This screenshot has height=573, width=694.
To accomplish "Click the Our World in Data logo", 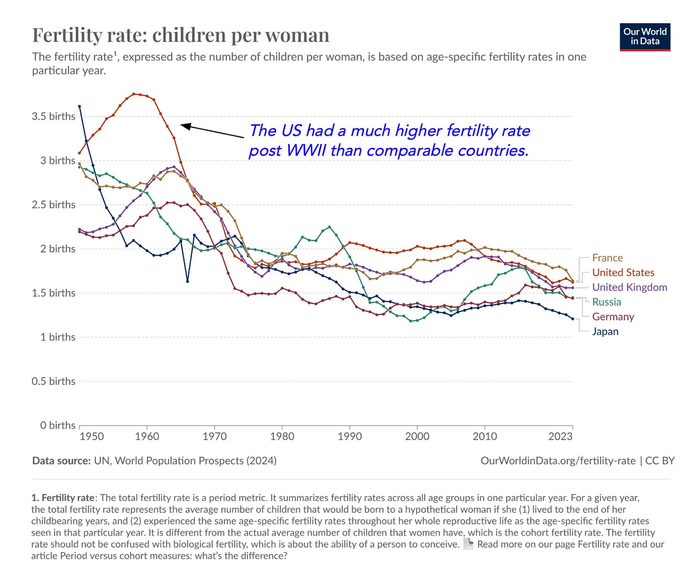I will [645, 37].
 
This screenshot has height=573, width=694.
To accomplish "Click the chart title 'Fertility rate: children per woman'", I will [181, 35].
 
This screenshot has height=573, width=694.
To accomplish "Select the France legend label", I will [607, 258].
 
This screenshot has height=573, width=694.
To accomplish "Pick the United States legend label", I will [623, 273].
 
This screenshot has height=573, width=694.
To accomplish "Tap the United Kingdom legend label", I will [629, 287].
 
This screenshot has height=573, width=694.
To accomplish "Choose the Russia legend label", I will [606, 302].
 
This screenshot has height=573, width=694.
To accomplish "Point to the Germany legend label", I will [613, 317].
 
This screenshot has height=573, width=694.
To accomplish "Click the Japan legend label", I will [605, 332].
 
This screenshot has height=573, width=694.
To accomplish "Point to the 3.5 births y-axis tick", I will [53, 116].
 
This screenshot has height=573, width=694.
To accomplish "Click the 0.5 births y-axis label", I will [53, 381].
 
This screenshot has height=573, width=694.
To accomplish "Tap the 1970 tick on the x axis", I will [214, 436].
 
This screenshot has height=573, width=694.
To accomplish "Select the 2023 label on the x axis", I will [561, 436].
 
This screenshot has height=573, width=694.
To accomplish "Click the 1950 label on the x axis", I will [92, 436].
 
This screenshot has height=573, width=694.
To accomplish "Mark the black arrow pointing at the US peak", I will [213, 131].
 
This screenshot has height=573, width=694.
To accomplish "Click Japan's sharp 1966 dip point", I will [187, 281].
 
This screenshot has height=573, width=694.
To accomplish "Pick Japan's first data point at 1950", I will [80, 106].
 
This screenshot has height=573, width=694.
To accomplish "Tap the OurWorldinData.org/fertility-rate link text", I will [558, 460].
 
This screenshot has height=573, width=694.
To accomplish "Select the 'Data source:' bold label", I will [61, 460].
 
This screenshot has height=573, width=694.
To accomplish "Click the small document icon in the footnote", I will [469, 544].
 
